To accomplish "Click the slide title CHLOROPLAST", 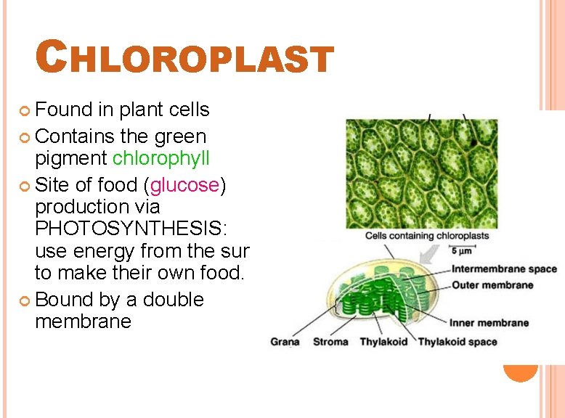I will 184,57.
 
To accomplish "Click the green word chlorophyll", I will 160,158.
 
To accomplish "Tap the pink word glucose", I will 184,185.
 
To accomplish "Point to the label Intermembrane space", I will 504,269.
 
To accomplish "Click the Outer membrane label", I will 492,285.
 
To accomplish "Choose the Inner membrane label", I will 489,323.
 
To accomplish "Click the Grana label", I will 285,342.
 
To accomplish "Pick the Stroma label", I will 330,342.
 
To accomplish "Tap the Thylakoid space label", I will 458,342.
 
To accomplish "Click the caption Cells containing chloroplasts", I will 426,235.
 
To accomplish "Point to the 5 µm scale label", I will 463,251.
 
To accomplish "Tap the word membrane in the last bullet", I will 83,321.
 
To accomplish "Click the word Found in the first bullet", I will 64,110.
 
